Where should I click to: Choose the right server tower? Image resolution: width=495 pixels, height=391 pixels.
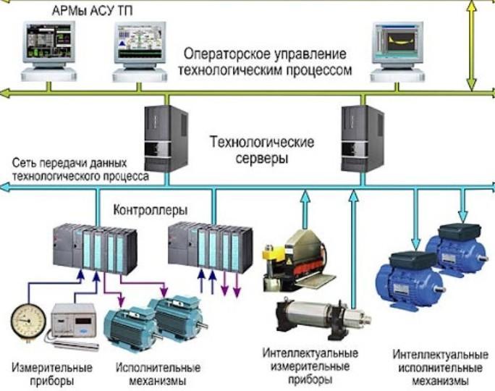[362, 138]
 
